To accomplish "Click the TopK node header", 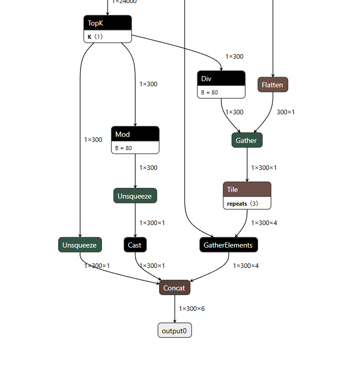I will [108, 23].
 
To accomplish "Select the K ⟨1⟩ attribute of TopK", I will [95, 37].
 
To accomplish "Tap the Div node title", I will [221, 79].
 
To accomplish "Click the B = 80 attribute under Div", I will [209, 92].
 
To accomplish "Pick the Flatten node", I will [272, 85].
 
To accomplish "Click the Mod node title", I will [135, 134].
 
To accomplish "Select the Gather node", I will [247, 140].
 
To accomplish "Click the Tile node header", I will [247, 189].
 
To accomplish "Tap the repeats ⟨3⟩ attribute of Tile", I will [243, 203].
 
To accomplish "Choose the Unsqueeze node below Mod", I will [135, 195].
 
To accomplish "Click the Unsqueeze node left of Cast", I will [80, 245].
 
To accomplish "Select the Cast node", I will [135, 245].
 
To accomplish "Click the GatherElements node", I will [228, 245].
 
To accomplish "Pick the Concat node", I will [174, 288].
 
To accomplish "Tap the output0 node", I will [174, 331].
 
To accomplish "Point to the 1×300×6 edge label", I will [192, 309].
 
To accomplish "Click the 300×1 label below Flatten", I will [286, 112].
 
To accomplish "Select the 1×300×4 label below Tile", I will [264, 223].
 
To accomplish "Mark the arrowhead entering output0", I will [174, 321].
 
